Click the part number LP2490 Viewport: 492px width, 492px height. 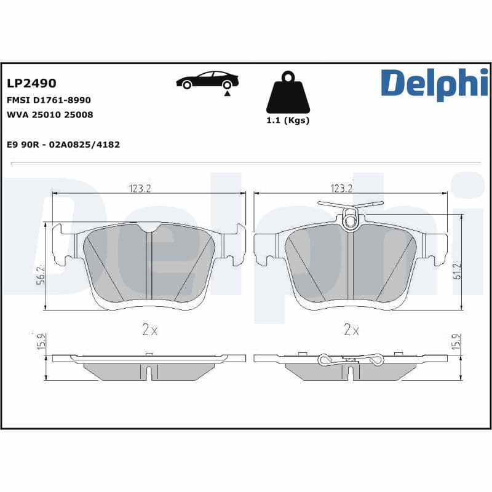coord(31,84)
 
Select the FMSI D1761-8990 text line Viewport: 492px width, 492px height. coord(49,100)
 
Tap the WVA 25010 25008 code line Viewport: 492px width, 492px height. coord(50,114)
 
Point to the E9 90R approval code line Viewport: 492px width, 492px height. coord(63,145)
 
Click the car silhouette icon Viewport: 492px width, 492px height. coord(207,81)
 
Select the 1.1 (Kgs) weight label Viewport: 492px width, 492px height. coord(287,121)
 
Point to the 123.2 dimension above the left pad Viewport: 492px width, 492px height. coord(140,188)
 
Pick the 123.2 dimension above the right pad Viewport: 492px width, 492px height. coord(342,188)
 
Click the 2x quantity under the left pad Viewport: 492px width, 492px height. coord(149,330)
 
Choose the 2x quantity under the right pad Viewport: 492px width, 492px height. coord(351,330)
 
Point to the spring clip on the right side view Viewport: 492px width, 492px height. coord(351,360)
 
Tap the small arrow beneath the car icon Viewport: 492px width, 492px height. coord(227,94)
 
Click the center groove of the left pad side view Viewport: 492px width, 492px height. coord(149,371)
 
